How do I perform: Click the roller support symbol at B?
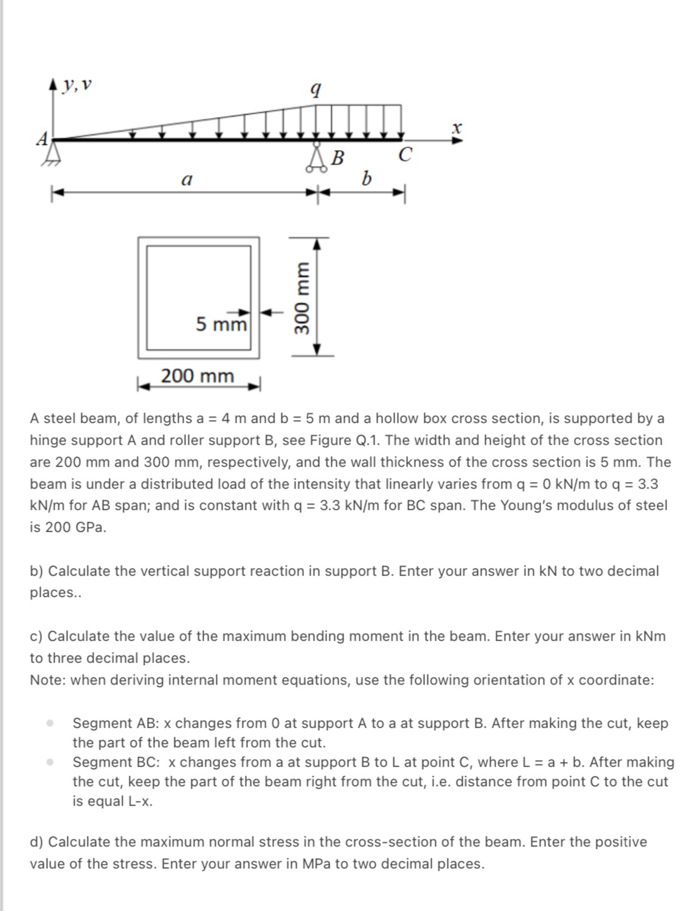click(x=316, y=159)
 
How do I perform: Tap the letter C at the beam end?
click(x=405, y=155)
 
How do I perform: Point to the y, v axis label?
click(x=80, y=85)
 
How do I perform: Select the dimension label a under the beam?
click(x=187, y=180)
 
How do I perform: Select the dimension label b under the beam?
click(x=366, y=179)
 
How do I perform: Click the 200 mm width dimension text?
click(x=198, y=376)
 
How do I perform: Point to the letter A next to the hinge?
click(x=42, y=139)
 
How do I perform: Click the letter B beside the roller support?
click(x=338, y=159)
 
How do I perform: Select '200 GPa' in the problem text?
click(x=68, y=527)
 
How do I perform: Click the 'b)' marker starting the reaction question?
click(x=36, y=571)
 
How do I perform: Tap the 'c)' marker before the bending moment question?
click(x=36, y=636)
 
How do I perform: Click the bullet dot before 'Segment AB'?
click(x=51, y=723)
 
